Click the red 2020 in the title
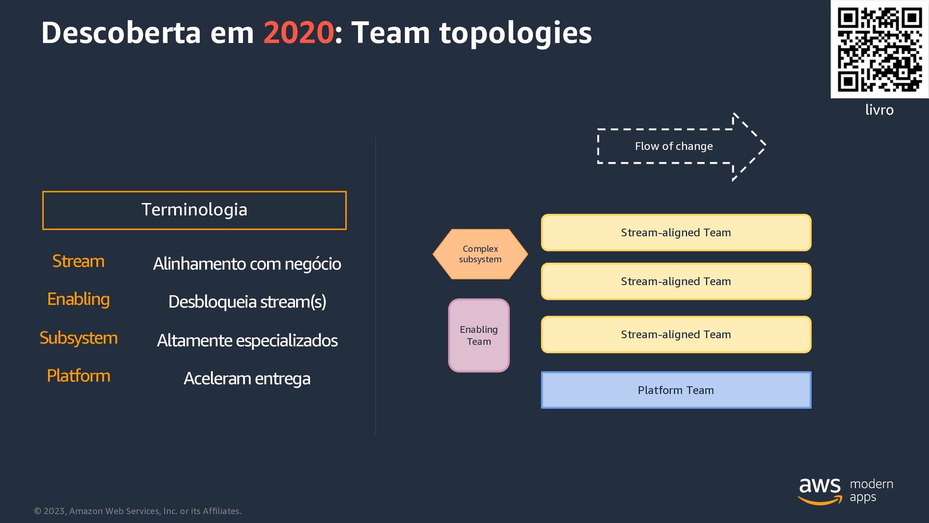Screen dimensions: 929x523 pos(298,33)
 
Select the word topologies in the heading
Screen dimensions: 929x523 pos(515,33)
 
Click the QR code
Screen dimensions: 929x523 pos(879,49)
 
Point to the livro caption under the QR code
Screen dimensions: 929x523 pos(879,110)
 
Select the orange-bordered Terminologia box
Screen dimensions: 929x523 pos(194,210)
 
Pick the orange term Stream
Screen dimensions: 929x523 pos(78,261)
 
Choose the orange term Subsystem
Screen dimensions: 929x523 pos(78,338)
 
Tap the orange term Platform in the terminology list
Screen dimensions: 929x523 pos(78,376)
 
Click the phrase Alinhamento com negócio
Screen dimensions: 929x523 pos(247,264)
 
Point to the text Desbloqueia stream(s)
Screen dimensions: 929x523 pos(247,302)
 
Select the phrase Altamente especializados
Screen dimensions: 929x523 pos(247,340)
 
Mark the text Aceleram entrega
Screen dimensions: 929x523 pos(247,379)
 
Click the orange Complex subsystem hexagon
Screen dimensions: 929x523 pos(480,254)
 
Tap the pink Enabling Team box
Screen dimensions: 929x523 pos(479,335)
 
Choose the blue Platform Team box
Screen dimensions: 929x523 pos(675,390)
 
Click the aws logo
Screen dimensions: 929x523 pos(820,490)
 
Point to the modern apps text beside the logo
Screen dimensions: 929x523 pos(871,490)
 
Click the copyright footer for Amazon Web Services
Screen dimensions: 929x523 pos(138,511)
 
